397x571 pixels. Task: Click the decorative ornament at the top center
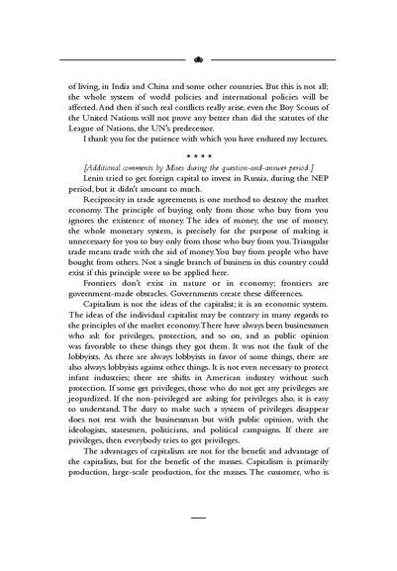click(x=198, y=58)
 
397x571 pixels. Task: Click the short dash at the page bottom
click(x=197, y=545)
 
